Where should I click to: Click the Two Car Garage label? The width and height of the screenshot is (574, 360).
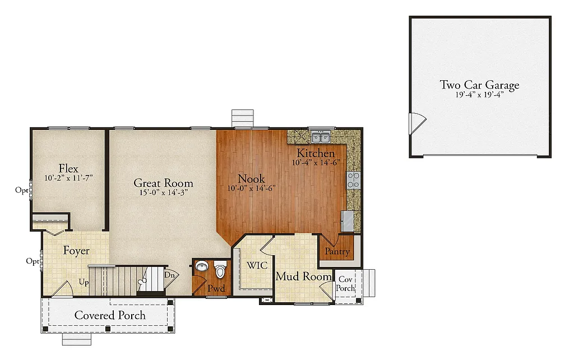[x=479, y=85]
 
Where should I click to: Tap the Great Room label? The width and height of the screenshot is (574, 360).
[x=163, y=183]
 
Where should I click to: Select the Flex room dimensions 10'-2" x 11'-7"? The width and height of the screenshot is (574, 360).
[x=68, y=178]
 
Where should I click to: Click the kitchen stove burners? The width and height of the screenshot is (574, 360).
[x=354, y=180]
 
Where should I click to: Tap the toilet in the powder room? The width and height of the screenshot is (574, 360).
[x=220, y=271]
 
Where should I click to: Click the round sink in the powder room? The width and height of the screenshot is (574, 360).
[x=201, y=267]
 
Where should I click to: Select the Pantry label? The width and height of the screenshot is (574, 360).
[x=337, y=252]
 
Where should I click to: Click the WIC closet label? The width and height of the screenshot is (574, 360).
[x=257, y=265]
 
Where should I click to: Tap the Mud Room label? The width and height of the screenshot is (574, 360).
[x=303, y=276]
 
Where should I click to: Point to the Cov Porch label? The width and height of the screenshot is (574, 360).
[x=346, y=284]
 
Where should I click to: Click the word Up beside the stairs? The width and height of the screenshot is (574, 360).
[x=84, y=281]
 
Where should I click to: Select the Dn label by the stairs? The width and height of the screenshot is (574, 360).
[x=169, y=275]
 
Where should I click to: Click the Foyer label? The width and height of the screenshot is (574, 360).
[x=76, y=251]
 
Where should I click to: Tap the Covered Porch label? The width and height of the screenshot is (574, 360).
[x=110, y=315]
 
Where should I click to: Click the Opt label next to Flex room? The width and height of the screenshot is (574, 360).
[x=21, y=190]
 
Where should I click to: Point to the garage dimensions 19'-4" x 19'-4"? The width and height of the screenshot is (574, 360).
[x=479, y=95]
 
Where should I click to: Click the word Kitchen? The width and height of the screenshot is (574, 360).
[x=316, y=153]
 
